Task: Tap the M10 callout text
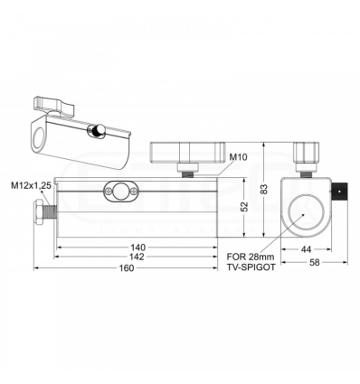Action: tap(239, 157)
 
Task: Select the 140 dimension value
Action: tap(137, 248)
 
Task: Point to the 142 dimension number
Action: tap(137, 258)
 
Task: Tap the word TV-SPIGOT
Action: tap(249, 267)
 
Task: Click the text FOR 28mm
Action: tap(247, 257)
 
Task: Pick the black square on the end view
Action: tap(341, 191)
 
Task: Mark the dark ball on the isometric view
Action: tap(96, 132)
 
